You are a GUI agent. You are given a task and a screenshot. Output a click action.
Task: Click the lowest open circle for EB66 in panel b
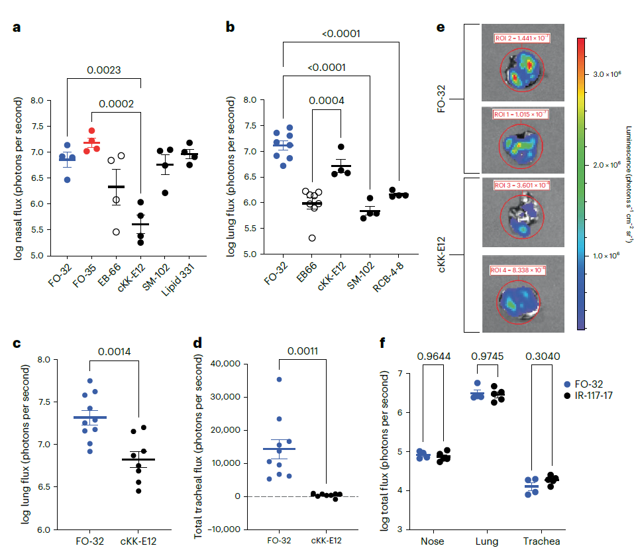[311, 238]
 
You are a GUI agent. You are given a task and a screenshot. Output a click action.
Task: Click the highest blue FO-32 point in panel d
[280, 380]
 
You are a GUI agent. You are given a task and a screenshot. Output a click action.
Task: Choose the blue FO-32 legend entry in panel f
[586, 384]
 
